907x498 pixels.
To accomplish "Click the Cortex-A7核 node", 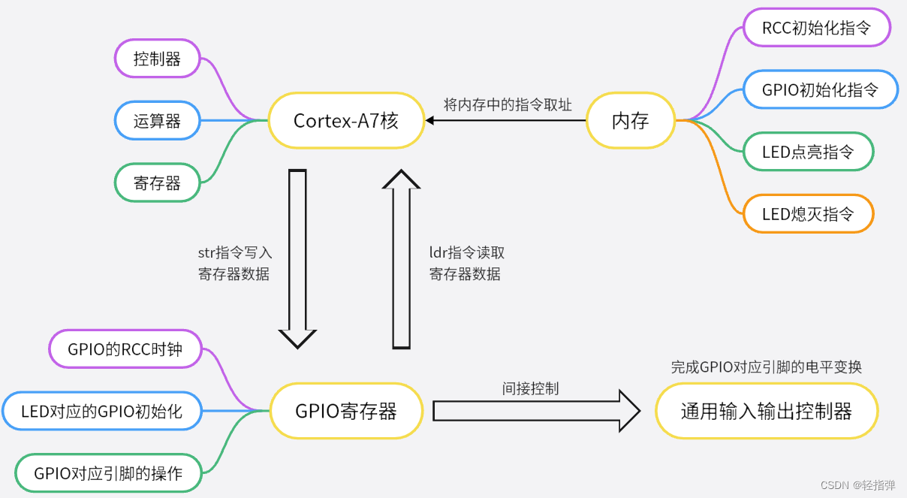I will (x=346, y=120).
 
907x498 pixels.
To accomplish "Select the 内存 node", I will (x=629, y=120).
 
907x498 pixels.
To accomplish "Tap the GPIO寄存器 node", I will (x=346, y=411).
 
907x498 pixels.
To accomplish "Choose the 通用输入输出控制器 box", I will (x=767, y=411).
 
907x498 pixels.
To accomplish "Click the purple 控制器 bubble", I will (x=158, y=59).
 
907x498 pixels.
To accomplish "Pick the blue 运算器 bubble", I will (x=158, y=120).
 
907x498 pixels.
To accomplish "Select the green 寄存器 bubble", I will (x=158, y=183).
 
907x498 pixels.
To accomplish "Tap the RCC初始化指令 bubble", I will (x=816, y=29).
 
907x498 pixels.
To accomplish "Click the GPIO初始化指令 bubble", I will (x=820, y=90).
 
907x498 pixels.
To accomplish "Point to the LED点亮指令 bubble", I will (x=808, y=152).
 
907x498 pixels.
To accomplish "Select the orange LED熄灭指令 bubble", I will (x=808, y=214).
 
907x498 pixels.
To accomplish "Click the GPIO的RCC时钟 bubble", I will (x=125, y=349).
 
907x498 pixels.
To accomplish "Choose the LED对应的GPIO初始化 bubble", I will (x=101, y=411).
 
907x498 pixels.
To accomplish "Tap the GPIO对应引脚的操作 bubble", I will (x=108, y=473).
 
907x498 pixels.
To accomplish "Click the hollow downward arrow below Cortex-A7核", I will (x=298, y=255).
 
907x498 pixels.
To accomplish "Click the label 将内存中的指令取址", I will (x=508, y=104).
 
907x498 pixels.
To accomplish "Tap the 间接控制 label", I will (x=530, y=388).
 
